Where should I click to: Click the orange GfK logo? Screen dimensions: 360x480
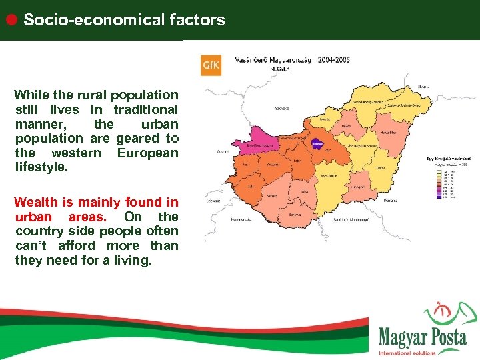point(211,65)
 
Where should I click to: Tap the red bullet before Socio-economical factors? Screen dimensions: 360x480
point(11,19)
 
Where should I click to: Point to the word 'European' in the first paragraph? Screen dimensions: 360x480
point(147,153)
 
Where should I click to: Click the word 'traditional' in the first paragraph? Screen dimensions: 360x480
point(145,109)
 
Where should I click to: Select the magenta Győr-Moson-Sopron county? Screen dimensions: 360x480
point(256,145)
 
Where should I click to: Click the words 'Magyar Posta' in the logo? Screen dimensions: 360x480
point(423,337)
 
